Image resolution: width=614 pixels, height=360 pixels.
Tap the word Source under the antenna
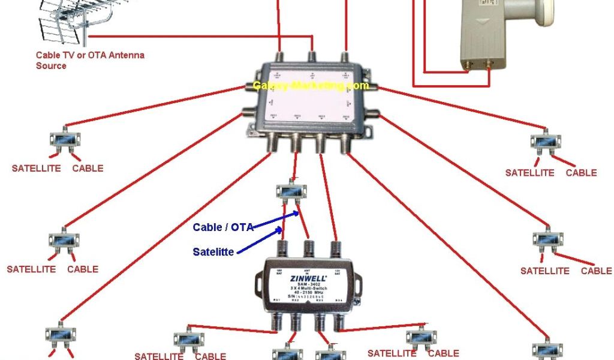coord(51,65)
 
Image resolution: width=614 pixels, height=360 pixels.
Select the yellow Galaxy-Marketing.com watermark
coord(310,86)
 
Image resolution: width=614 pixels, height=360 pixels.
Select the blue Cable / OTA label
coord(222,227)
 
